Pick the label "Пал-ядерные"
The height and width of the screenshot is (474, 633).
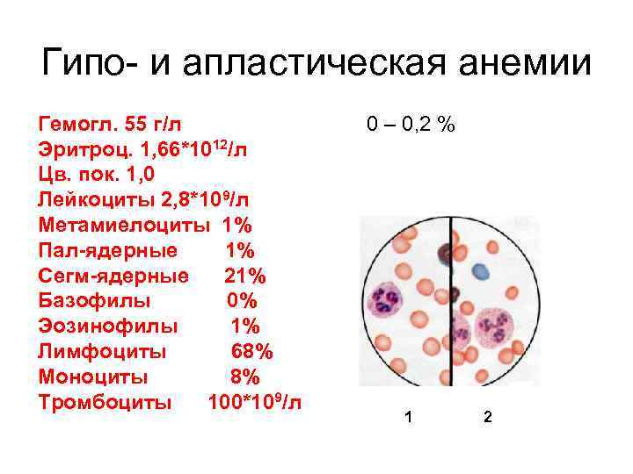(107, 250)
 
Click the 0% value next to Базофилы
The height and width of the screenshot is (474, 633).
(243, 301)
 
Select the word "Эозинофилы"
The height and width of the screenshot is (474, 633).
(108, 327)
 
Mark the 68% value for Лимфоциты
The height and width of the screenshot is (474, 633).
(251, 352)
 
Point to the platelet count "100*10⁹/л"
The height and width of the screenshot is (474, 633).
(254, 403)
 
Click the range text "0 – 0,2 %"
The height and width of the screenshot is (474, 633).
(411, 124)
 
